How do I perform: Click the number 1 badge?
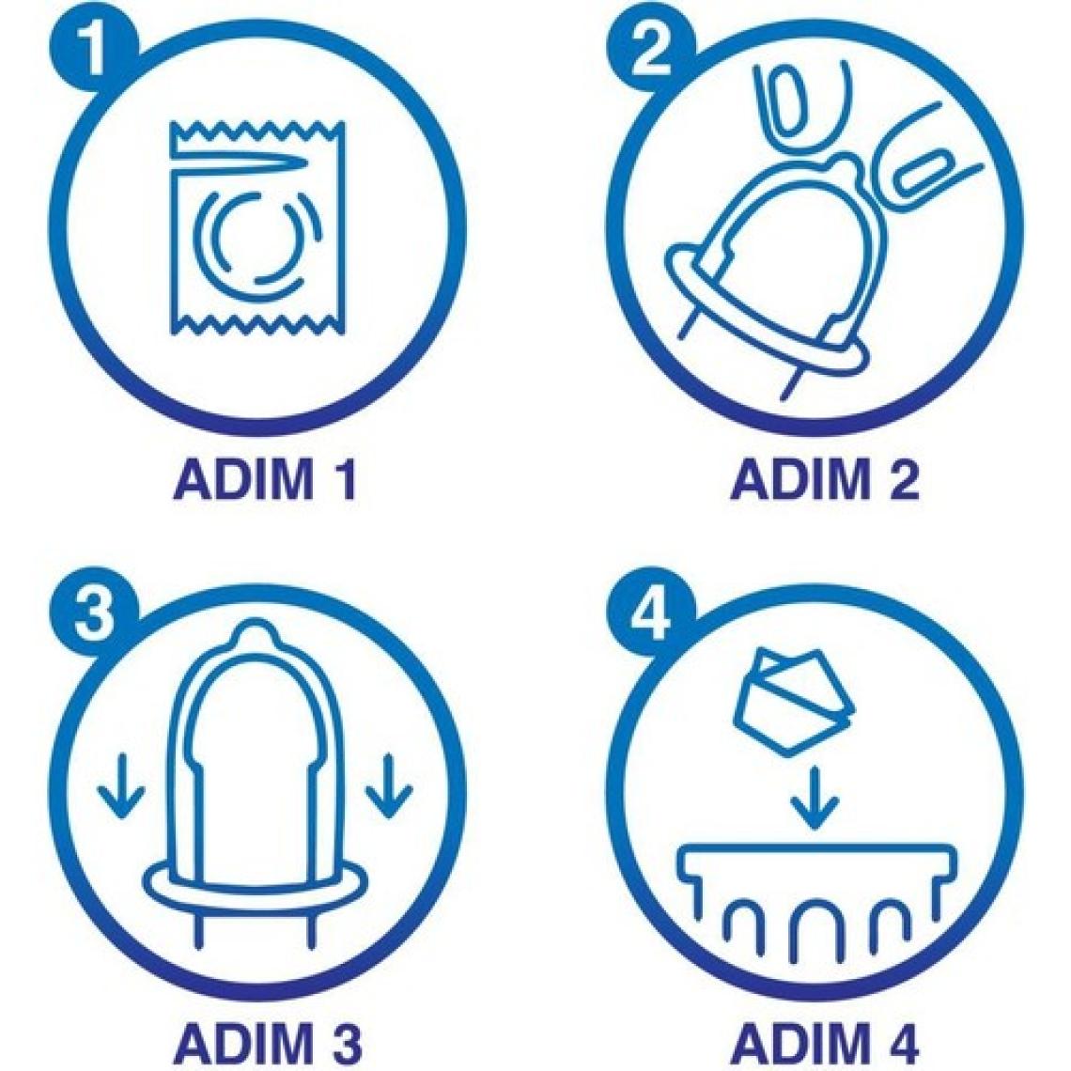pyautogui.click(x=94, y=52)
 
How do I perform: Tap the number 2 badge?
pyautogui.click(x=651, y=52)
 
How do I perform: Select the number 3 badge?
pyautogui.click(x=94, y=613)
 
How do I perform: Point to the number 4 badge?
pyautogui.click(x=651, y=613)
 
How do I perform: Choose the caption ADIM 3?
pyautogui.click(x=267, y=1044)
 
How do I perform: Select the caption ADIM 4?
pyautogui.click(x=825, y=1044)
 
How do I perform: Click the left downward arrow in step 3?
pyautogui.click(x=121, y=784)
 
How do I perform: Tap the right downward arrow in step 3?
pyautogui.click(x=389, y=784)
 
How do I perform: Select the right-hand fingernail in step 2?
pyautogui.click(x=919, y=174)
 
